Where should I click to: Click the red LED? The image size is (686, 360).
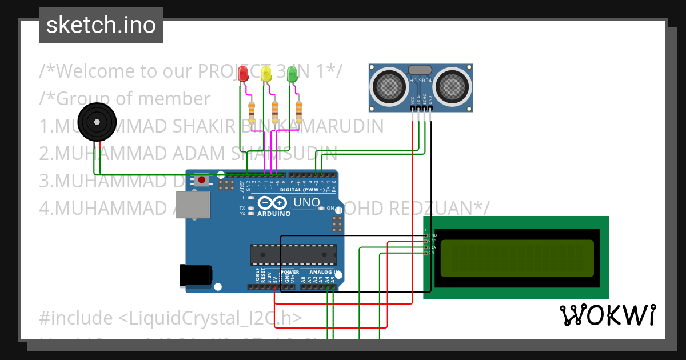[243, 74]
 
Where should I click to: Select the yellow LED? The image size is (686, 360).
[266, 74]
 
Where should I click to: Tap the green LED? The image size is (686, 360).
[292, 74]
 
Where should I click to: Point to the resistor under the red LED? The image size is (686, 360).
[252, 111]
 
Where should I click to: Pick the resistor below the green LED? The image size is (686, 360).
[298, 111]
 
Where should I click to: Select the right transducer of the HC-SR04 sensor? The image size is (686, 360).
[453, 86]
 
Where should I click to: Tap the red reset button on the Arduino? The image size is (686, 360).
[201, 181]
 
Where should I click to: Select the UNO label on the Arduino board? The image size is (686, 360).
[306, 203]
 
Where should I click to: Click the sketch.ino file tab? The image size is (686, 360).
[101, 25]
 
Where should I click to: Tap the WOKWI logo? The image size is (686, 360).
[607, 315]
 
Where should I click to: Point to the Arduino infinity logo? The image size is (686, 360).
[273, 203]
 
